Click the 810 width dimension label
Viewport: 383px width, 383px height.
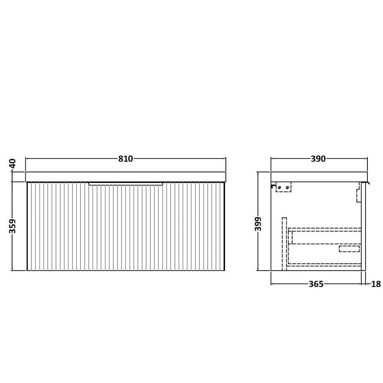tap(126, 159)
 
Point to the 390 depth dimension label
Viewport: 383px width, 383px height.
tap(318, 159)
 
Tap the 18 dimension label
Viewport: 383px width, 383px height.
tap(376, 284)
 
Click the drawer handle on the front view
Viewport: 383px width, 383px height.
tap(126, 183)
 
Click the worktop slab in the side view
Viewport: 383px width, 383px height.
tap(319, 176)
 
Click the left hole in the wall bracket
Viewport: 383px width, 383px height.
tap(279, 188)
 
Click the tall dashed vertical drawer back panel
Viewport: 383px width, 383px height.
tap(284, 242)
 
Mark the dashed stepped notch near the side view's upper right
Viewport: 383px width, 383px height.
tap(358, 193)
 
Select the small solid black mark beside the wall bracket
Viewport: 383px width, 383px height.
tap(273, 187)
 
